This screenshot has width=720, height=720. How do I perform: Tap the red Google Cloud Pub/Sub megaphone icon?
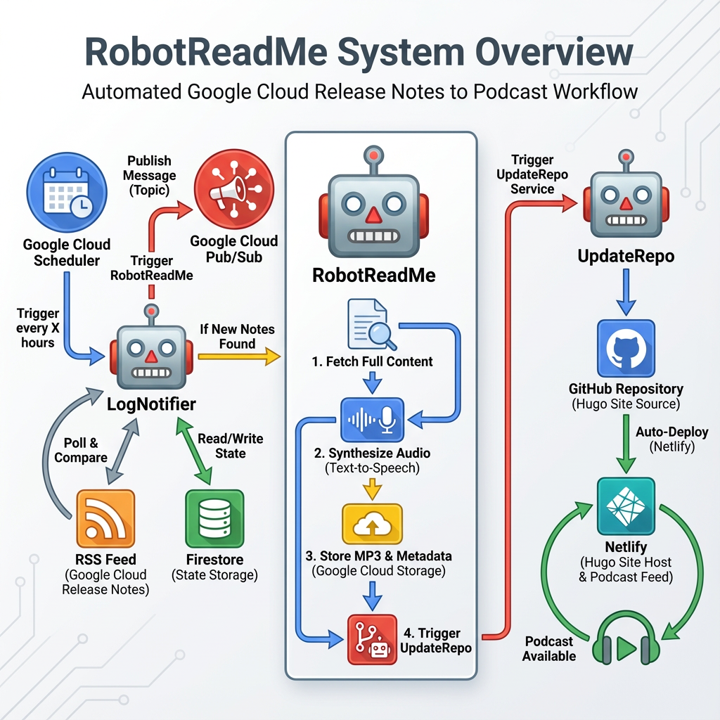coord(233,188)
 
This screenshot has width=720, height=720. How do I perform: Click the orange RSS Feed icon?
coord(105,519)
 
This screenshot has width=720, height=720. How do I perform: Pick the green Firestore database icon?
coord(214,519)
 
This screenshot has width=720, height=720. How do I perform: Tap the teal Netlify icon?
coord(625,506)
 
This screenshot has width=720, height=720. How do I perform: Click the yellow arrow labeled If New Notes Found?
coord(239,357)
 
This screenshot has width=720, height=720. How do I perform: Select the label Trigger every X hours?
coord(37,328)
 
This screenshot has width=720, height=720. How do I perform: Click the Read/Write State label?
coord(231,446)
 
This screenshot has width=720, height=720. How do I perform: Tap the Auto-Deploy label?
coord(677,439)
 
